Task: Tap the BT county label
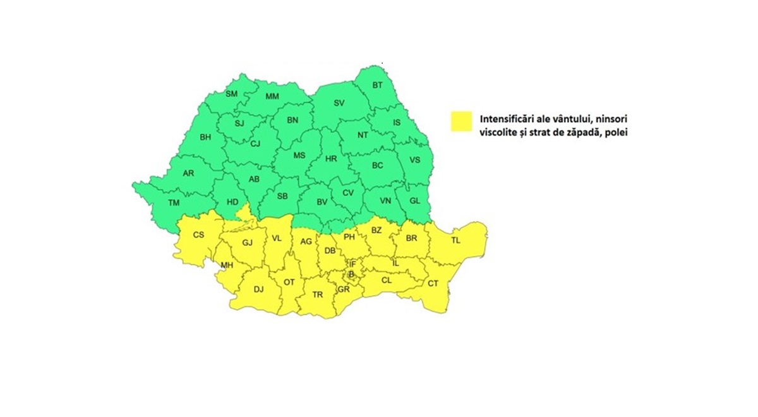(377, 85)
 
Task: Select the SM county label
(231, 94)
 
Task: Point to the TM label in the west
(174, 203)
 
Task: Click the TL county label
(455, 241)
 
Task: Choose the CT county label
(433, 284)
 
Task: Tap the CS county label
(198, 235)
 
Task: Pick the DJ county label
(258, 289)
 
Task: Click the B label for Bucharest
(351, 274)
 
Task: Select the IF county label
(352, 263)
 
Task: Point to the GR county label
(344, 289)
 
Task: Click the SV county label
(339, 103)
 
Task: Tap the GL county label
(414, 200)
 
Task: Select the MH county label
(227, 265)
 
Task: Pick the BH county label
(205, 137)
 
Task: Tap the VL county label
(276, 238)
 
